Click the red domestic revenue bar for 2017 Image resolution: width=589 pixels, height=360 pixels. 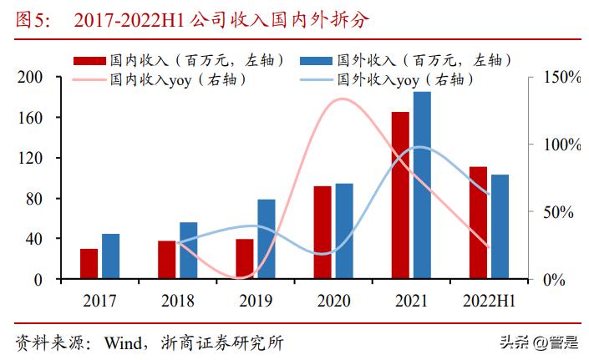pyautogui.click(x=89, y=264)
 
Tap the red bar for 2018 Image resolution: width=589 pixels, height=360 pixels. pyautogui.click(x=167, y=260)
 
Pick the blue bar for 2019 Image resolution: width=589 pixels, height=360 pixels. pyautogui.click(x=267, y=239)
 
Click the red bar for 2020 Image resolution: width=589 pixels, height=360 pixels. pyautogui.click(x=322, y=232)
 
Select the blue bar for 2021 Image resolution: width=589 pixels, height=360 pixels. pyautogui.click(x=422, y=185)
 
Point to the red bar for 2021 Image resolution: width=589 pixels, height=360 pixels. pyautogui.click(x=400, y=195)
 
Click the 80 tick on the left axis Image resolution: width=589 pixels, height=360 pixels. pyautogui.click(x=34, y=199)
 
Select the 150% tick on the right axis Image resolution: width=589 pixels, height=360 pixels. pyautogui.click(x=561, y=78)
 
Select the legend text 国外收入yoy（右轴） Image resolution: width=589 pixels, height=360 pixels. pyautogui.click(x=406, y=80)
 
